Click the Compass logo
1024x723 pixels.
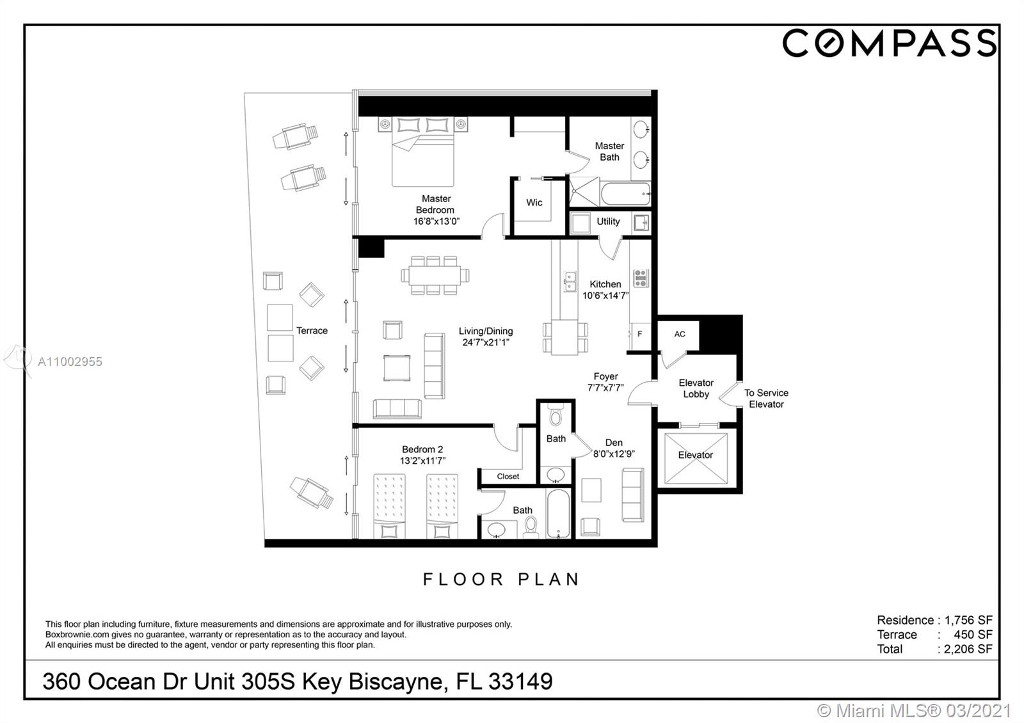click(x=889, y=43)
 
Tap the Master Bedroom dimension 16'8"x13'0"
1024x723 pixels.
click(x=436, y=221)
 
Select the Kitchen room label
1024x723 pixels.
click(x=605, y=284)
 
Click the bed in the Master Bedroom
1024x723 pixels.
click(x=423, y=152)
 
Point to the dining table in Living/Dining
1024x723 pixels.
click(x=435, y=276)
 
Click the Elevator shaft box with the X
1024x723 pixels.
click(x=696, y=458)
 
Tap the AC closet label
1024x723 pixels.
click(x=679, y=334)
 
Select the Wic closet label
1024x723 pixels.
click(x=534, y=202)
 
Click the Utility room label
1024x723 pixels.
click(x=608, y=221)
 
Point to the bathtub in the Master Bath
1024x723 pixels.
click(x=625, y=195)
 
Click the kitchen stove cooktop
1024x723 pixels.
click(x=641, y=278)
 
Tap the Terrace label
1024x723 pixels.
click(x=312, y=330)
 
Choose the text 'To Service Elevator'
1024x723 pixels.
click(x=766, y=399)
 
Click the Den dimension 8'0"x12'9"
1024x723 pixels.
click(x=614, y=454)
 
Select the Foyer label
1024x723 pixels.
click(x=605, y=377)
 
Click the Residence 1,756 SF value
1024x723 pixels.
click(x=969, y=620)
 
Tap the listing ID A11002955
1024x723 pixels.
click(x=70, y=362)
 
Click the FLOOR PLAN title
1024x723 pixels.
click(x=501, y=580)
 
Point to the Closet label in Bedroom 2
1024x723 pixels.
click(x=508, y=477)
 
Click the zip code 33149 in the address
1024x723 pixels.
click(x=521, y=681)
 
